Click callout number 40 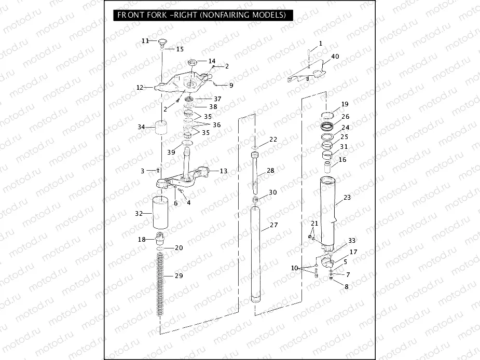[x=335, y=57]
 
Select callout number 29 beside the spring [x=179, y=275]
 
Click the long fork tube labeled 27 [x=256, y=254]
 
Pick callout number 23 [x=347, y=198]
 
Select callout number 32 [x=139, y=213]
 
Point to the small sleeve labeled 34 [x=160, y=128]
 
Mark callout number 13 [x=223, y=171]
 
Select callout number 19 [x=345, y=105]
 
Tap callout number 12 [x=140, y=88]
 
